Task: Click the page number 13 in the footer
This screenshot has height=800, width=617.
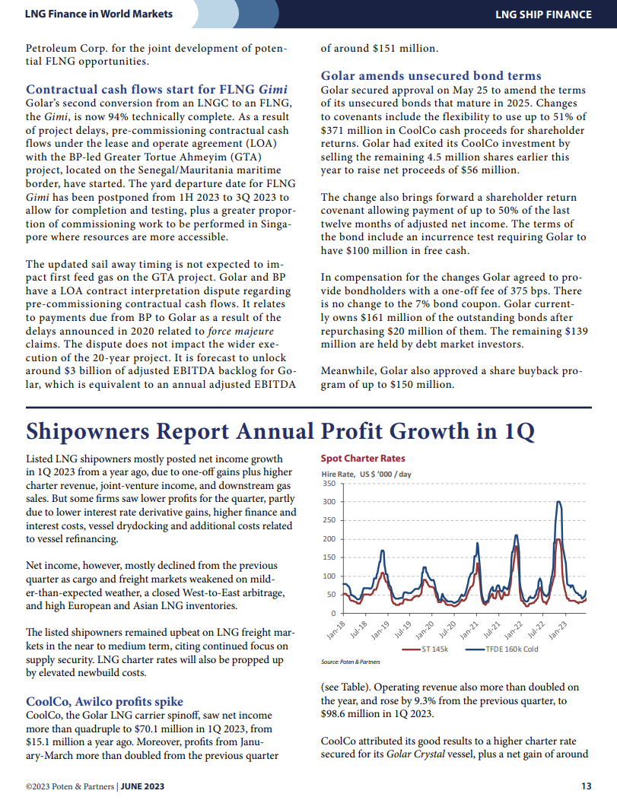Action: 587,786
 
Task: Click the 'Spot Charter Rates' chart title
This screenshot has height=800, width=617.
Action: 362,458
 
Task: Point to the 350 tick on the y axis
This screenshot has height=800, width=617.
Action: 329,483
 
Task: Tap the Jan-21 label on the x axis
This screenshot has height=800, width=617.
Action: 469,630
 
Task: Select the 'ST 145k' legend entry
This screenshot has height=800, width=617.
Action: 425,649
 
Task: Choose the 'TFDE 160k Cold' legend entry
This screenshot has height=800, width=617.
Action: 502,649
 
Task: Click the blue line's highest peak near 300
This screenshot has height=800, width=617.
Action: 559,502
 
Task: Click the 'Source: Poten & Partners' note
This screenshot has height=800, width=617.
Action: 350,662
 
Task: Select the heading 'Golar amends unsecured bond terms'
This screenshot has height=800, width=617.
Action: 431,75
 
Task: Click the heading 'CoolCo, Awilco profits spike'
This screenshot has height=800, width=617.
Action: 105,702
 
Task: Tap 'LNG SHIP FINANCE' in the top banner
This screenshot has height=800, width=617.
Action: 543,14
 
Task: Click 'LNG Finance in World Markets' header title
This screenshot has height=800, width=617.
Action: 98,14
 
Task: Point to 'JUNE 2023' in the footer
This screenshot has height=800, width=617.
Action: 142,786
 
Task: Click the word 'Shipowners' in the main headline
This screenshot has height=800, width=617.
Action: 87,432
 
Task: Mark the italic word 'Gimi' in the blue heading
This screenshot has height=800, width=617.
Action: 273,89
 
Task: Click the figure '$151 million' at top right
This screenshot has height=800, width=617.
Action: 406,49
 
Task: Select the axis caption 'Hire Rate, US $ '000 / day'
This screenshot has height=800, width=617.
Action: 366,474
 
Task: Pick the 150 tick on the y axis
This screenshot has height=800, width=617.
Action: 329,557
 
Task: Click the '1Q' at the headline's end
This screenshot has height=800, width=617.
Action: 520,432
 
